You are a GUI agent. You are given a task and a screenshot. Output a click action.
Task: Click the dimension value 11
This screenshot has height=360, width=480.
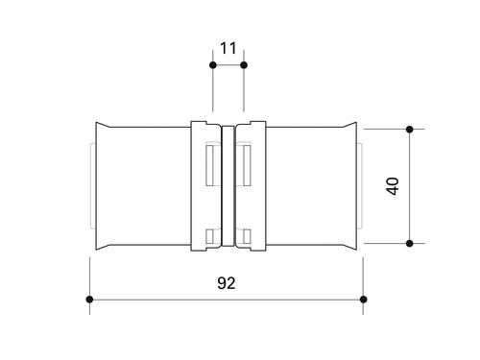tap(228, 48)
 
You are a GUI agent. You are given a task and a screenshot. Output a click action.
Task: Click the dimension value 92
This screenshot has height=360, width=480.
tap(227, 283)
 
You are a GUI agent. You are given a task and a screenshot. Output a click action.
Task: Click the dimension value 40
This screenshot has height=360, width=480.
tap(393, 186)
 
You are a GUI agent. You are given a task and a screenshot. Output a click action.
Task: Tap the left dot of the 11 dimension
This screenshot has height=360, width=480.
tap(213, 65)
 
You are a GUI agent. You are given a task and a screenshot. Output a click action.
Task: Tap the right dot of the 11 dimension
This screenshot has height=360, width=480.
tap(244, 65)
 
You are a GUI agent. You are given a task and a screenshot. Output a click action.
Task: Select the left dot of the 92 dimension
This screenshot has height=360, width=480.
tap(89, 300)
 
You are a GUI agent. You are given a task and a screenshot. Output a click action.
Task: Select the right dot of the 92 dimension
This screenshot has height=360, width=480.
tap(363, 300)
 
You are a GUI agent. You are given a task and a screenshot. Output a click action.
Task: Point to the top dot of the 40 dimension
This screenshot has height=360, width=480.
tap(409, 130)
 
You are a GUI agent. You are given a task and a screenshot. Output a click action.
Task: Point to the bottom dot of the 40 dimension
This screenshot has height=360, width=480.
tap(409, 244)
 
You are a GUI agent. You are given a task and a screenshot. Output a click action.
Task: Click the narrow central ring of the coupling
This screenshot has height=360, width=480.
tap(228, 186)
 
